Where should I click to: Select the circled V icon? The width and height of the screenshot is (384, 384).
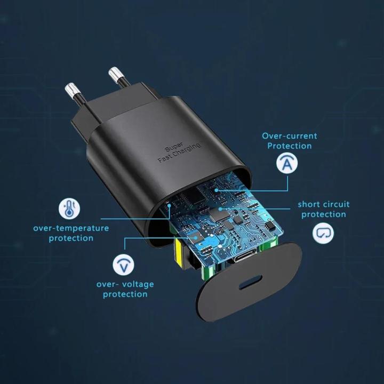[123, 265]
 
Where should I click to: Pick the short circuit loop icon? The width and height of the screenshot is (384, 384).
[323, 233]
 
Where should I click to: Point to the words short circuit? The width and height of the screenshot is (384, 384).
[324, 204]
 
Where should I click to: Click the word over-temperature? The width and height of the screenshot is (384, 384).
[71, 228]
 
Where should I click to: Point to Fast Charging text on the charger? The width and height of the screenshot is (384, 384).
[179, 153]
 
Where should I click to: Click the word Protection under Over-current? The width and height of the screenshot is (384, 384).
[289, 146]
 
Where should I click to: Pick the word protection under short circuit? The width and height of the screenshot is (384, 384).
[323, 214]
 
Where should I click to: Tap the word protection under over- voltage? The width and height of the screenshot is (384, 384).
[125, 294]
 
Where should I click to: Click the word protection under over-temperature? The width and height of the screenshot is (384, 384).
[71, 238]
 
